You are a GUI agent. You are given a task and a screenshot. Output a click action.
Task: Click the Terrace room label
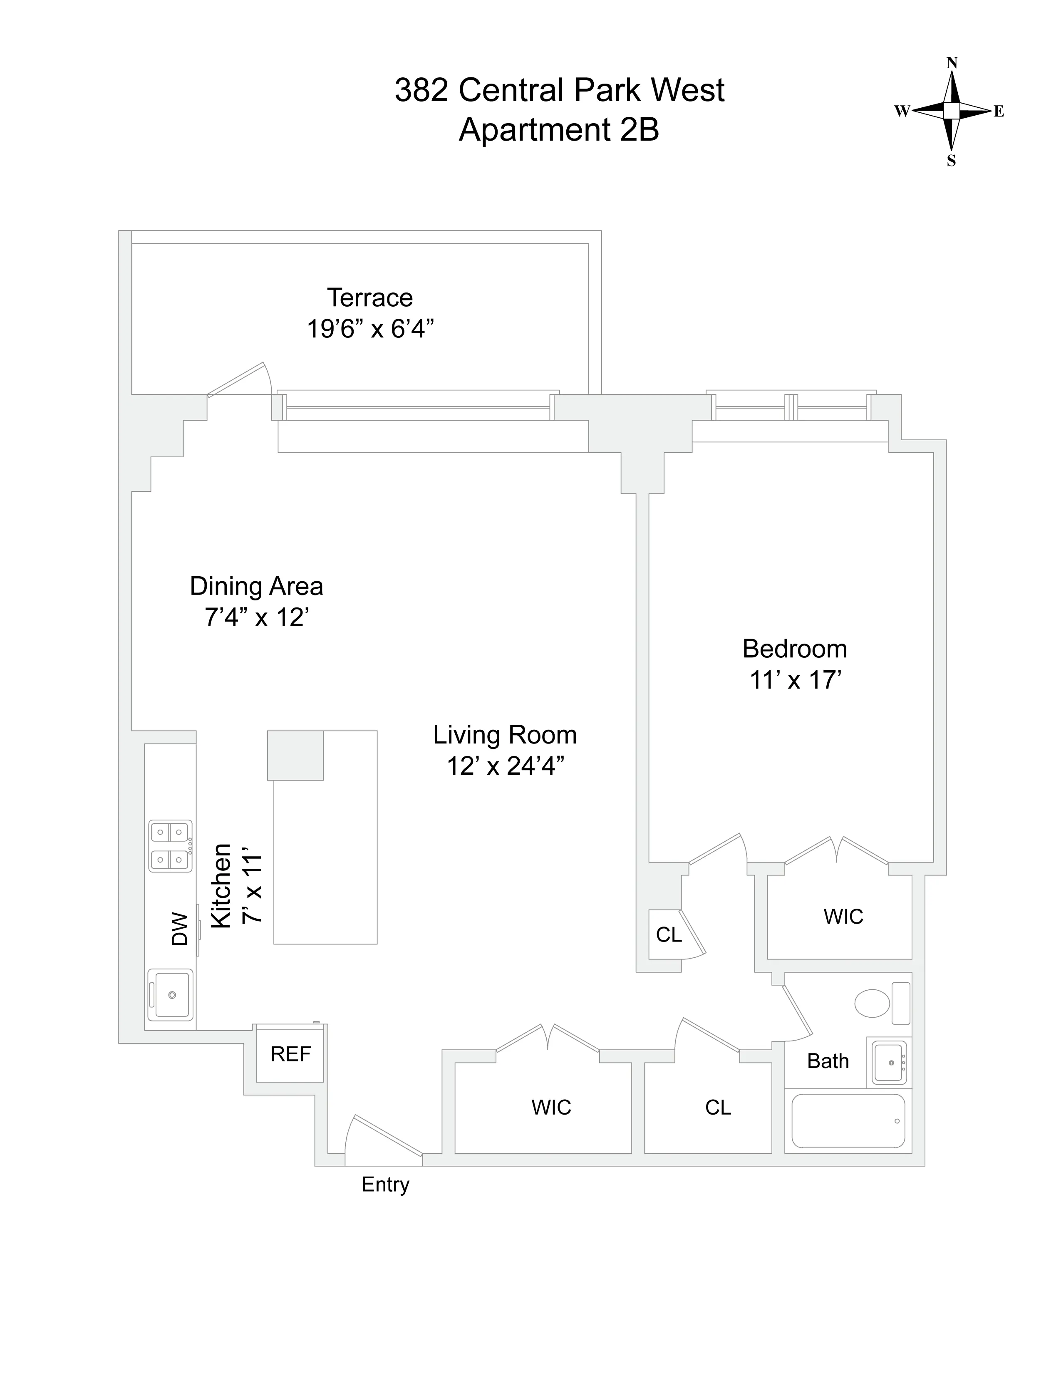(x=369, y=297)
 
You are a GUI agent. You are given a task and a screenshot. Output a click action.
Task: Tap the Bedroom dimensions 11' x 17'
(x=795, y=680)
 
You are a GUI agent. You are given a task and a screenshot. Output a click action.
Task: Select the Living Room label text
(x=505, y=735)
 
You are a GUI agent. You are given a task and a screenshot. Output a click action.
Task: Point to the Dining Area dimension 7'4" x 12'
(x=256, y=617)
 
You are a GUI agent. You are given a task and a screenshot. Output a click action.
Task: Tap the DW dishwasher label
(x=180, y=929)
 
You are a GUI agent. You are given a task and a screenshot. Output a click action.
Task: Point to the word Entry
(x=385, y=1185)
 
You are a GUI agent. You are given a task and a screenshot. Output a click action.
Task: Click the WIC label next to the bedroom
(x=843, y=917)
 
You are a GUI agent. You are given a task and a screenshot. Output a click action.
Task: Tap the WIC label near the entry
(x=551, y=1107)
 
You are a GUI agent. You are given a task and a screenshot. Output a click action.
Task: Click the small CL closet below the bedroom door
(x=668, y=935)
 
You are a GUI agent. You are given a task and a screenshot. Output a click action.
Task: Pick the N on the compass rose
(x=952, y=63)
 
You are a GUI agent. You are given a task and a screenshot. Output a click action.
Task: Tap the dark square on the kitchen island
(x=295, y=755)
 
